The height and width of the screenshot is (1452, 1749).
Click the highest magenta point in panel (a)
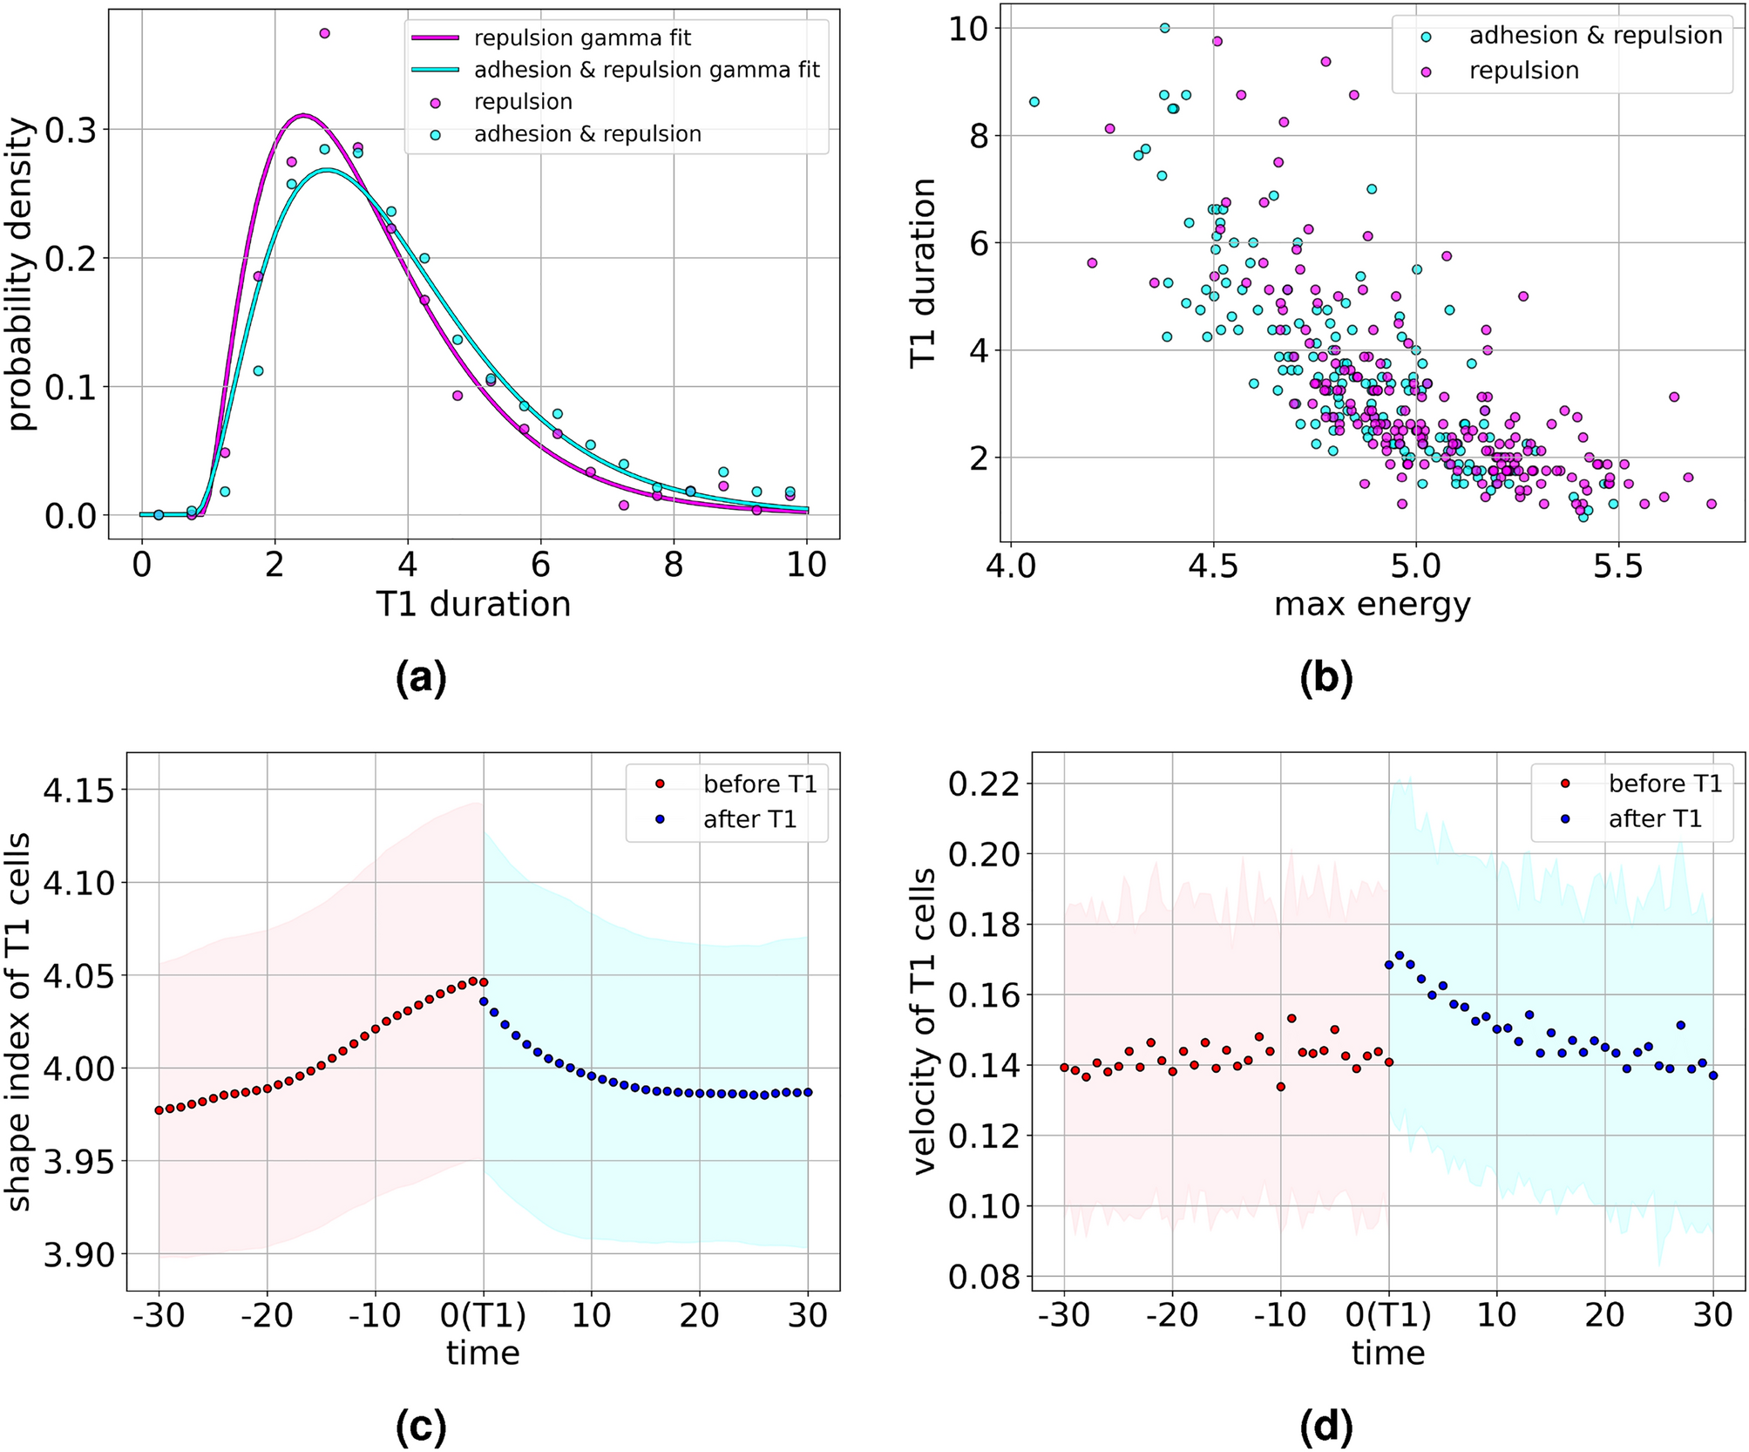[324, 33]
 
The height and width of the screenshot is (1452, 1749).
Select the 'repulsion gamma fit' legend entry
[582, 38]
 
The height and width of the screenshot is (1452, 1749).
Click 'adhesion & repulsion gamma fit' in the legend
[646, 70]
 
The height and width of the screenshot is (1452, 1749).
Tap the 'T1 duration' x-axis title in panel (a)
[473, 604]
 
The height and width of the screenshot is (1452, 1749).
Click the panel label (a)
[421, 679]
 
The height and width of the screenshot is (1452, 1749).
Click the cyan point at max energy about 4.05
[1034, 102]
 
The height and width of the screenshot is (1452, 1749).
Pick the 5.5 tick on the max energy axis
[1617, 567]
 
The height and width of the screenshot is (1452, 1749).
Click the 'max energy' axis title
[1372, 604]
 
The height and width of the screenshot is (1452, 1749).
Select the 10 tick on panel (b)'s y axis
[969, 29]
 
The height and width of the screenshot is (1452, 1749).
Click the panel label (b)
[1325, 679]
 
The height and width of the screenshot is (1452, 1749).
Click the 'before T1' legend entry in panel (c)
[759, 784]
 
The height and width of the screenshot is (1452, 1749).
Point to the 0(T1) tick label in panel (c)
[483, 1315]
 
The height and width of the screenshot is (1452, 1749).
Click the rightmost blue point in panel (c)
[808, 1092]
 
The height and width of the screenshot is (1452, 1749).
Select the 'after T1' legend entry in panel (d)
[1654, 819]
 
